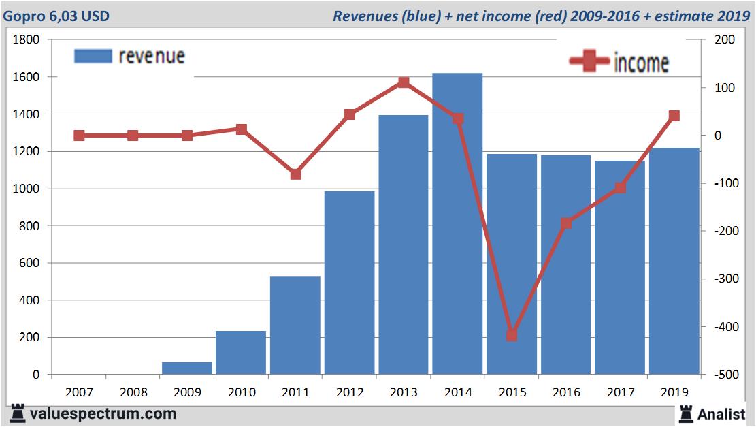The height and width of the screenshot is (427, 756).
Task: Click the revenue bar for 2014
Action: (x=457, y=225)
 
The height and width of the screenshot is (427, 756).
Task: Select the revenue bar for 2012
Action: (x=349, y=283)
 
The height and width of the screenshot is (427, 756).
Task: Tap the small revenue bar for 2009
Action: (x=187, y=368)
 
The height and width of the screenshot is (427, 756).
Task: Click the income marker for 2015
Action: (x=512, y=335)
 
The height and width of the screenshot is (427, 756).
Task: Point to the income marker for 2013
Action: (x=404, y=82)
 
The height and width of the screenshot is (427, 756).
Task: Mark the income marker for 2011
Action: (x=295, y=174)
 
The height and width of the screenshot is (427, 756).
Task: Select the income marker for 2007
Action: (x=79, y=136)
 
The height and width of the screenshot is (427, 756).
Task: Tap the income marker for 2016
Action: (x=566, y=223)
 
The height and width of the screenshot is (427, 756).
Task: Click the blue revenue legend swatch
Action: (x=93, y=57)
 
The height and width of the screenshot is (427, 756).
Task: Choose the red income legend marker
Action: (x=589, y=62)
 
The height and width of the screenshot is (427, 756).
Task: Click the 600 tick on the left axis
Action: (x=31, y=263)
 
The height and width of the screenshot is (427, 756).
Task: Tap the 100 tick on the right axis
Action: (x=725, y=88)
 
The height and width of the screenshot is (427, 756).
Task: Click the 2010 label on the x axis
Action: (x=242, y=392)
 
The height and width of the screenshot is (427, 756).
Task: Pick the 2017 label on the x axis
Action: (x=621, y=392)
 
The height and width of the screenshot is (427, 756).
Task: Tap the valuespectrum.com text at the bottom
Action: (x=103, y=413)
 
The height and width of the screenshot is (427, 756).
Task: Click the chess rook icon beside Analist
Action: (x=685, y=413)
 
